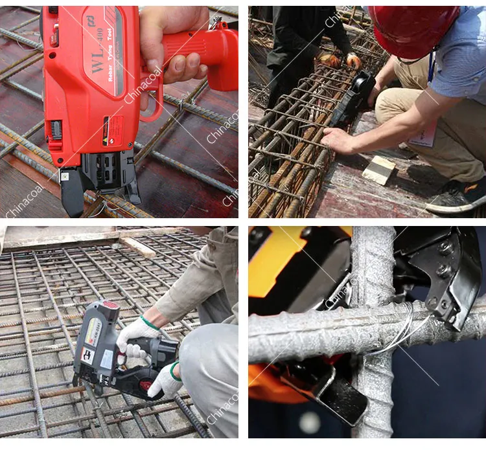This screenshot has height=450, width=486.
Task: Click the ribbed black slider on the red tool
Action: (x=56, y=129)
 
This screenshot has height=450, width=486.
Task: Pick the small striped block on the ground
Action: (x=378, y=170)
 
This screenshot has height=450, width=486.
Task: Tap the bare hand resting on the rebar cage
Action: (x=340, y=139)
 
